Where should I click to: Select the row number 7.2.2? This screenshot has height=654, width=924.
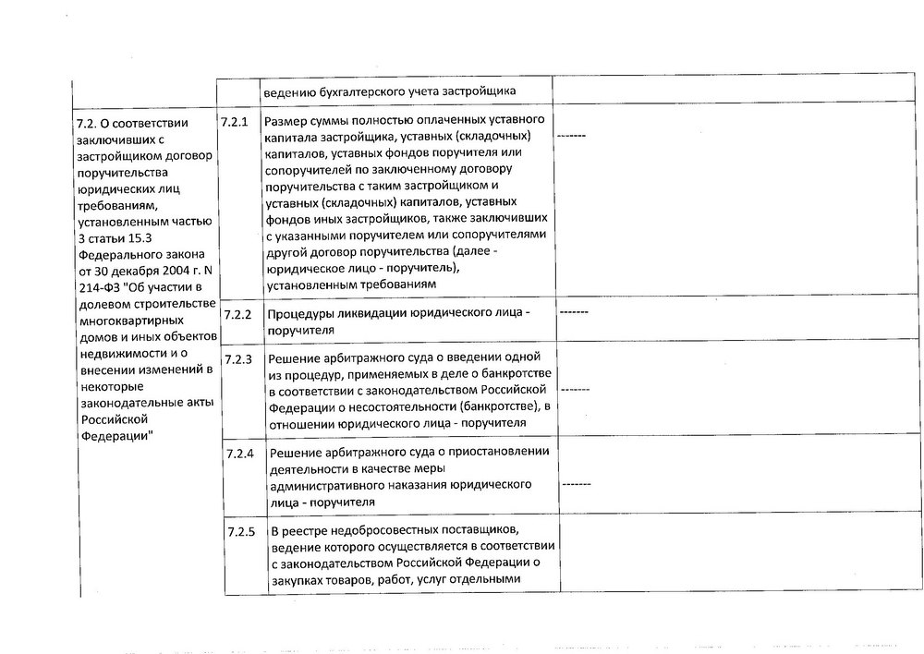tap(238, 314)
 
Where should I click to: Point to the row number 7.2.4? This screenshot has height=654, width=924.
tap(240, 456)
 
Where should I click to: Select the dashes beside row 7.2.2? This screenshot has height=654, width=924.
tap(574, 312)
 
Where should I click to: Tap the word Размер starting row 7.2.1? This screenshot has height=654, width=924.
tap(287, 122)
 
